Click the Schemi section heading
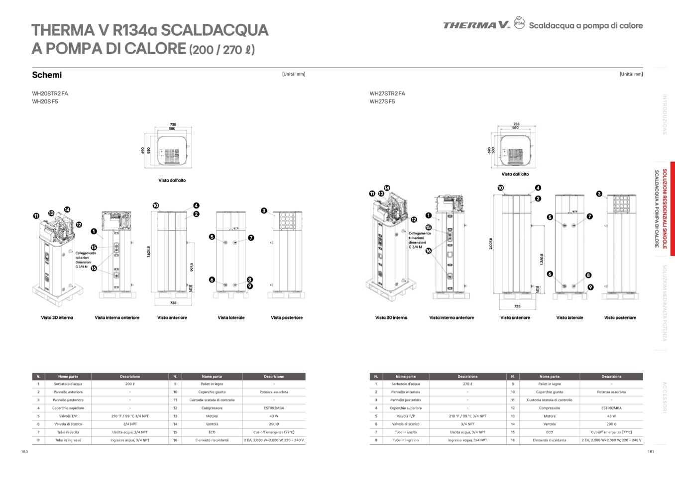(47, 75)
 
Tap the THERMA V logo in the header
(476, 25)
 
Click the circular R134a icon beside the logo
(519, 23)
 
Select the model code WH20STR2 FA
(50, 94)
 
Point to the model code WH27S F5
(382, 101)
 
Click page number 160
(24, 452)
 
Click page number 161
(651, 452)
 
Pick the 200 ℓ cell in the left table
(130, 384)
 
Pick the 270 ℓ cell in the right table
(467, 384)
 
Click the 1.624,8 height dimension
(148, 252)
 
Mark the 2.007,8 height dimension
(491, 243)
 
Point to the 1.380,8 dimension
(542, 259)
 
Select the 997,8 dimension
(192, 267)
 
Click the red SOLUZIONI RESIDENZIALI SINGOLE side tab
(665, 208)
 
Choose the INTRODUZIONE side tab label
(665, 114)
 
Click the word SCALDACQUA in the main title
(215, 30)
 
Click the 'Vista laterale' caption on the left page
(231, 317)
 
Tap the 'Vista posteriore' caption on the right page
(620, 317)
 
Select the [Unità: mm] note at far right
(631, 74)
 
